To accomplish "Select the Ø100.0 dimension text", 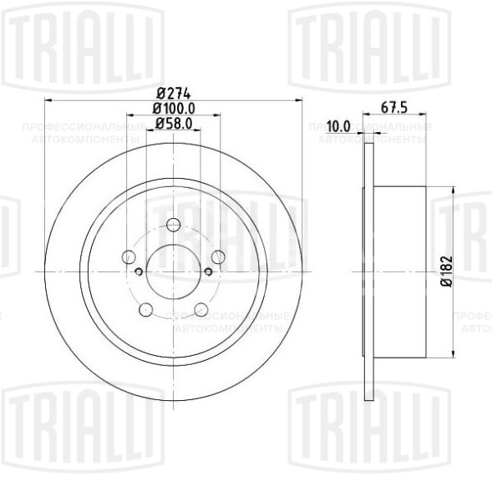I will point(174,108).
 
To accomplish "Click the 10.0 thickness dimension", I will point(338,126).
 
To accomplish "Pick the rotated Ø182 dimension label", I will point(447,272).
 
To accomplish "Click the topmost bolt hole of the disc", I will point(174,225).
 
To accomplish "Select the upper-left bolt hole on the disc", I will point(130,256).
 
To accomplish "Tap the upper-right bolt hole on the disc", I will point(217,256).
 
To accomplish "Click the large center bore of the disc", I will point(174,271).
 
